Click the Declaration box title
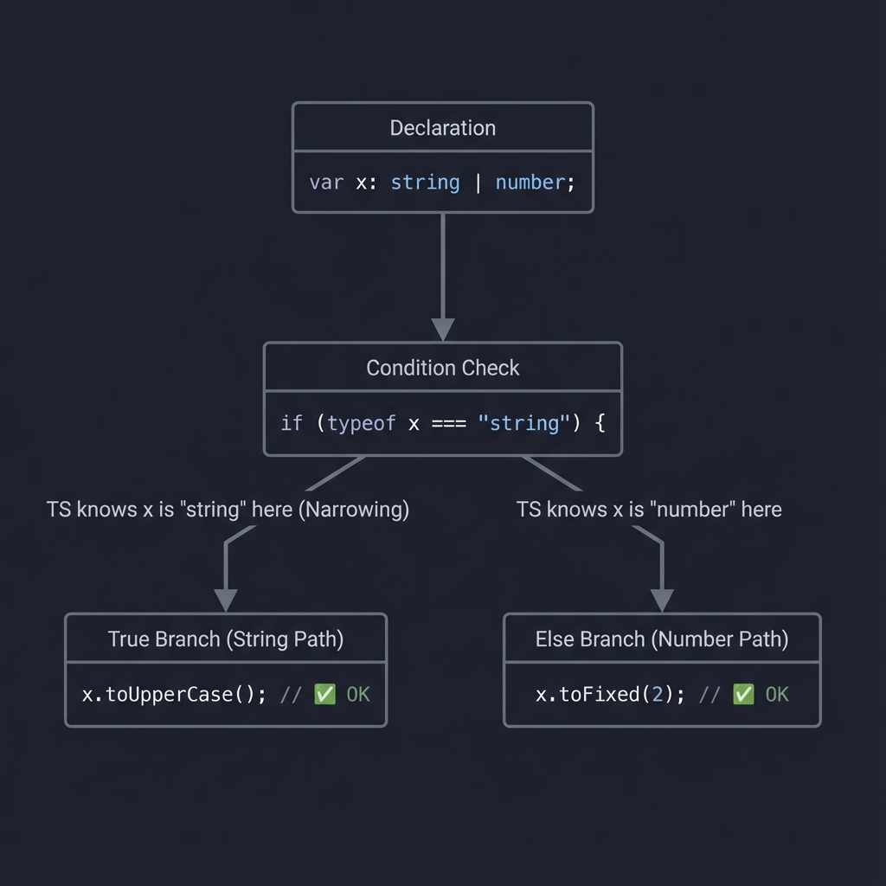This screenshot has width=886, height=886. tap(442, 128)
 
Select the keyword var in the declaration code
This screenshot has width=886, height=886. tap(326, 183)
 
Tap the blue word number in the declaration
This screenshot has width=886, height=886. tap(530, 183)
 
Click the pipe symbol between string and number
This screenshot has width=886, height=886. tap(478, 183)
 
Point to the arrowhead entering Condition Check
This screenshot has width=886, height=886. tap(442, 329)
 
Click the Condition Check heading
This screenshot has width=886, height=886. tap(442, 368)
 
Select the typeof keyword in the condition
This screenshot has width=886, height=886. tap(362, 423)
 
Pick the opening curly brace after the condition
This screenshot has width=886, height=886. tap(599, 423)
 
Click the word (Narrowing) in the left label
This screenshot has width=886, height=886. tap(353, 510)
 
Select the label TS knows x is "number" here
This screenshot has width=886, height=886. tap(649, 510)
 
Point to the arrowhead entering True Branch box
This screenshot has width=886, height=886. tap(226, 600)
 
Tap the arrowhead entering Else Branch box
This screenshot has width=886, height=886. tap(662, 600)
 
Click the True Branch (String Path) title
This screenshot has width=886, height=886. tap(226, 639)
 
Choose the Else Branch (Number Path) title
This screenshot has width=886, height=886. tap(662, 639)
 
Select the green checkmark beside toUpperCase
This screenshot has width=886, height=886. tap(324, 695)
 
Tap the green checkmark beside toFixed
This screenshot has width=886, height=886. tap(743, 695)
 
